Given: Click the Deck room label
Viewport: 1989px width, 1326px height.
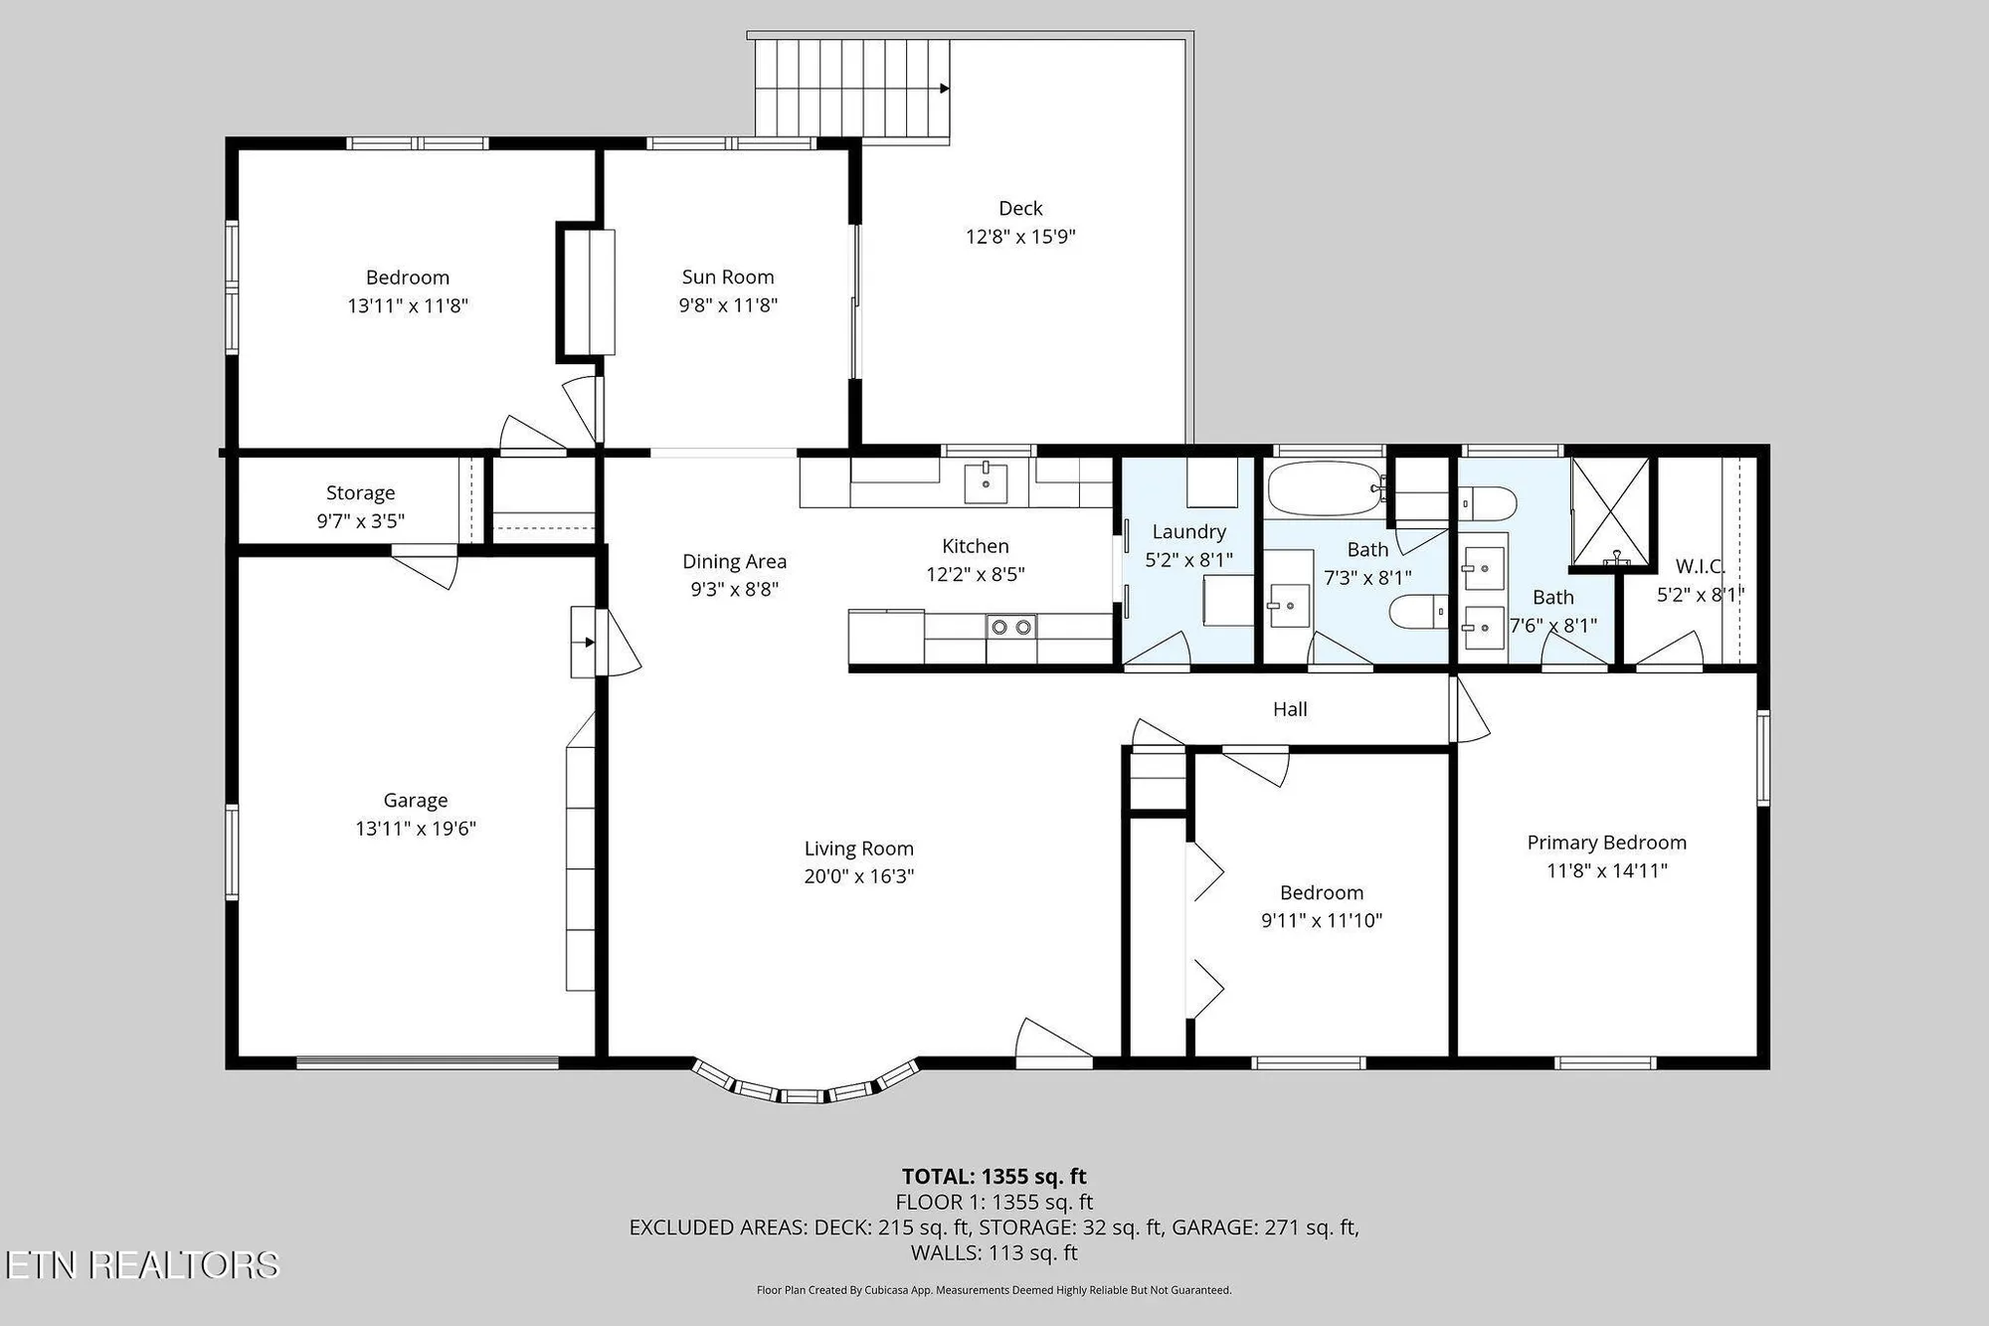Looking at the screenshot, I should tap(1020, 209).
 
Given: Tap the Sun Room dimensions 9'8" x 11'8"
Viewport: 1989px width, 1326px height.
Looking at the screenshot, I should tap(728, 305).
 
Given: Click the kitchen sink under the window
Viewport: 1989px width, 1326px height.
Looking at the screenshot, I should tap(986, 483).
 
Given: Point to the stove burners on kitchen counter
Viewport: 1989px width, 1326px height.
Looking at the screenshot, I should tap(1010, 627).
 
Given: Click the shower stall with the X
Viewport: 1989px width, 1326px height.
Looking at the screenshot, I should tap(1609, 512).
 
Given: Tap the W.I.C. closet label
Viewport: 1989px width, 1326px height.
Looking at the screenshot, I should tap(1700, 567).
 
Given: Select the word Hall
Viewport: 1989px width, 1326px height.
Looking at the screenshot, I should tap(1290, 709).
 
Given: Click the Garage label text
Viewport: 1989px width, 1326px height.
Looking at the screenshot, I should tap(416, 801).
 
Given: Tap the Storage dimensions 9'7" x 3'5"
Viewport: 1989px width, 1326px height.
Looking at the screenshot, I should tap(360, 521).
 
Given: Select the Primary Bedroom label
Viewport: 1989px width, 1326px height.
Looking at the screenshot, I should tap(1606, 843).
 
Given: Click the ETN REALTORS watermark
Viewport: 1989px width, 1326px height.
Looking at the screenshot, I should tap(141, 1264).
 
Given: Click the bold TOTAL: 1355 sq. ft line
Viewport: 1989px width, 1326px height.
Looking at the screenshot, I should tap(994, 1177).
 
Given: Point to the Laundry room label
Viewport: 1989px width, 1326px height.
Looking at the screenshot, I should tap(1188, 532).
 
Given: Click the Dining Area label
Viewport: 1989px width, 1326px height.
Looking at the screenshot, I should tap(734, 562).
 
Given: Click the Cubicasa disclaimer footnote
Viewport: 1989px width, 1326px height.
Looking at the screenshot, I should tap(994, 1290).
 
